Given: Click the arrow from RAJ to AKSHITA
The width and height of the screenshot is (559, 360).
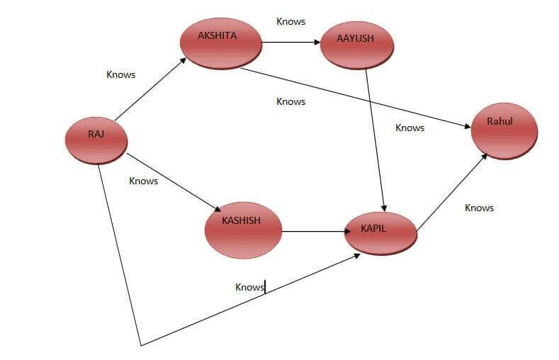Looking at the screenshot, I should [x=150, y=89].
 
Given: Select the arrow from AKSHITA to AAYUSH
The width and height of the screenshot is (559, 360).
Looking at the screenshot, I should [x=290, y=43].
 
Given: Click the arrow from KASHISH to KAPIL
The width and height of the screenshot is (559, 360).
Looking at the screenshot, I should [x=313, y=232].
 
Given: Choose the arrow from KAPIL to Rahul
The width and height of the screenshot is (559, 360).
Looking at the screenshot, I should [x=452, y=191].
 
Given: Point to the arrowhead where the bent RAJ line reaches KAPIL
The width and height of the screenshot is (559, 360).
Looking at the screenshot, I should [x=356, y=255].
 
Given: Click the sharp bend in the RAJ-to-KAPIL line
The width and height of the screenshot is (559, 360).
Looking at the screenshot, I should [x=141, y=345].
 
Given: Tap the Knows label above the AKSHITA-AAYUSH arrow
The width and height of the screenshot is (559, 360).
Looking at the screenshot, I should [x=290, y=21].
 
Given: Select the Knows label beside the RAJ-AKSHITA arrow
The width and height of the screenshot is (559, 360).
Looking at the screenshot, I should [x=120, y=74].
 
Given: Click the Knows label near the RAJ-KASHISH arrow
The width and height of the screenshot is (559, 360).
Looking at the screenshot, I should [x=143, y=181].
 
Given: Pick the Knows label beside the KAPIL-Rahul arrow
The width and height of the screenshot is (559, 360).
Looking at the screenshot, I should [x=479, y=208].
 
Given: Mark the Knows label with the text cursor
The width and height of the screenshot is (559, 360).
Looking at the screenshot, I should [x=249, y=287].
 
